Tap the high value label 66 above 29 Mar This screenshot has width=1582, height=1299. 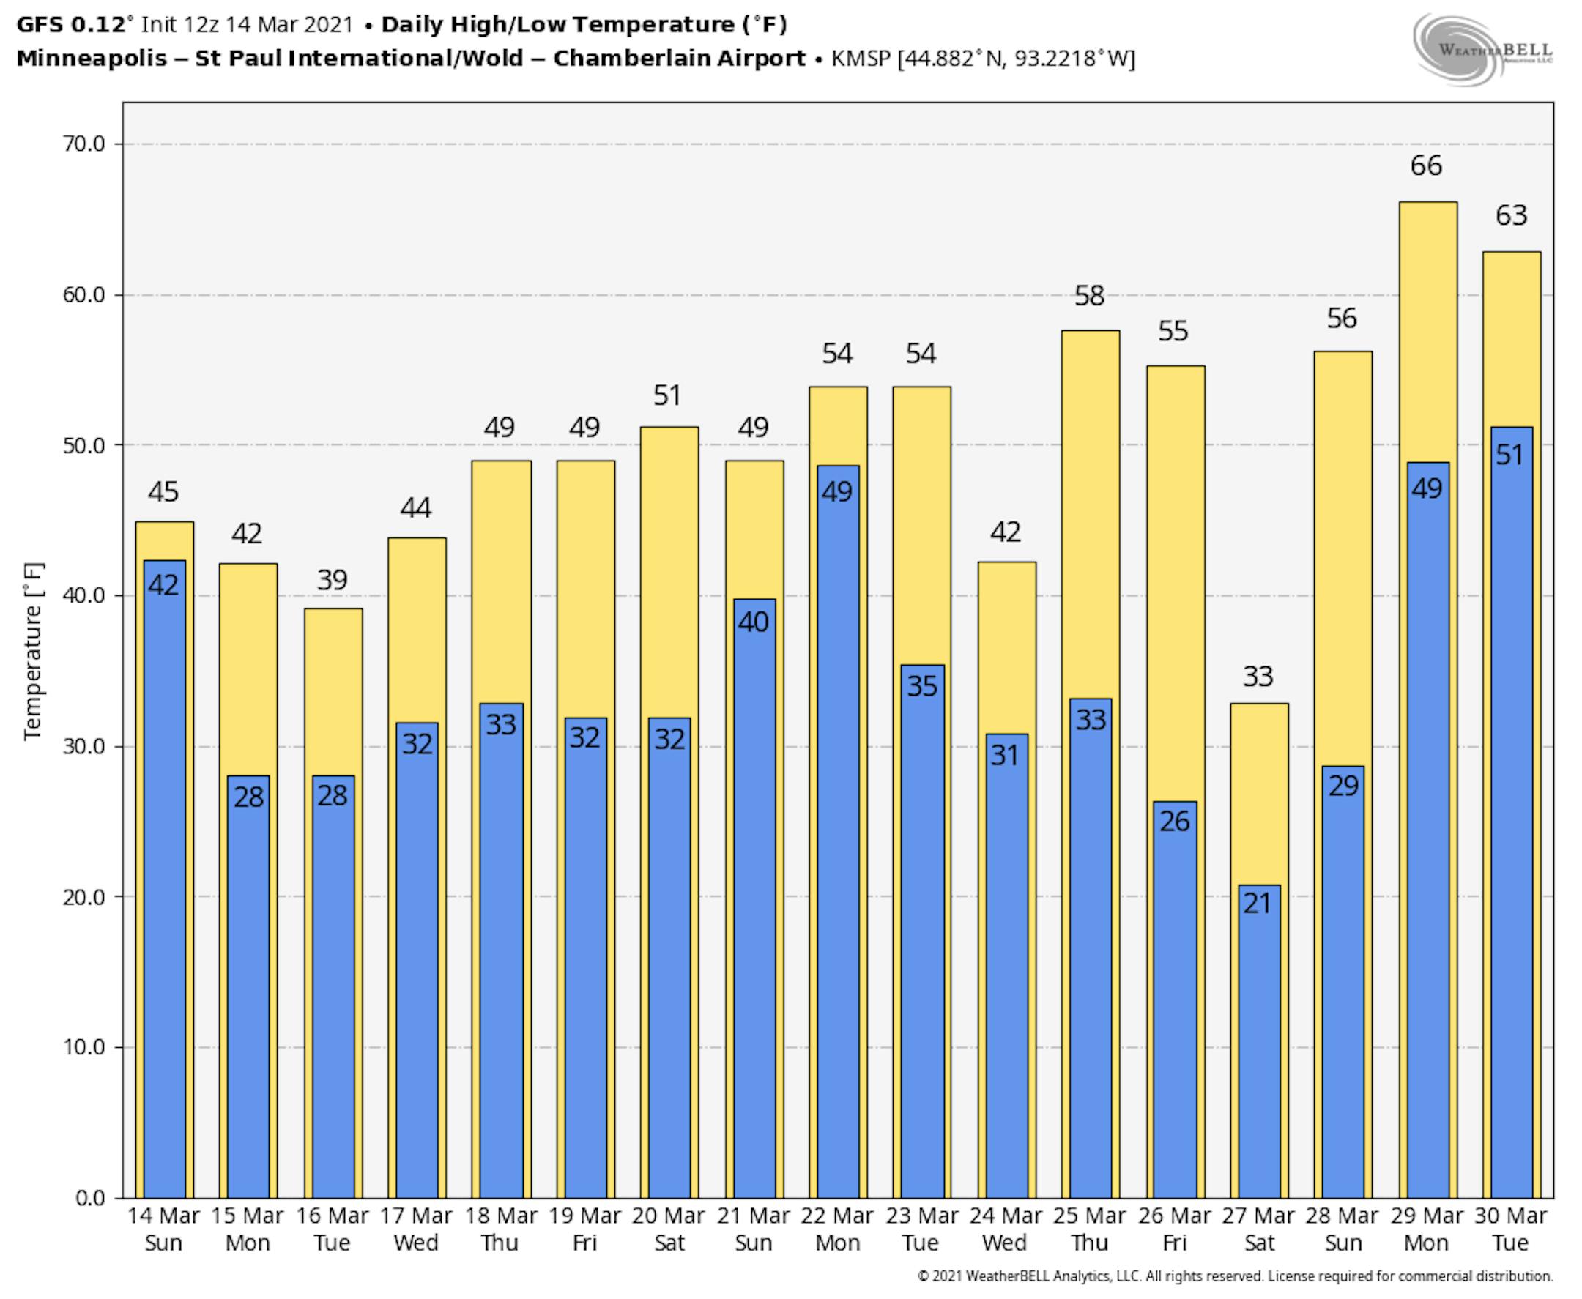point(1425,165)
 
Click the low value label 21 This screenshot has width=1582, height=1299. point(1258,903)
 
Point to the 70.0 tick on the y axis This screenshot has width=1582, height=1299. point(83,144)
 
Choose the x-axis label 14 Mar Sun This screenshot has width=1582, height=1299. point(163,1229)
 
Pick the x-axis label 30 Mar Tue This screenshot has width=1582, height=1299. point(1510,1229)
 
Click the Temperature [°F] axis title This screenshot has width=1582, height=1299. point(33,651)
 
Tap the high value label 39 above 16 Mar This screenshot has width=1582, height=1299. point(333,580)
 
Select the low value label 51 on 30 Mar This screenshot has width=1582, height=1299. point(1509,455)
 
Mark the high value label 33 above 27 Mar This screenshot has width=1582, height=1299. point(1258,677)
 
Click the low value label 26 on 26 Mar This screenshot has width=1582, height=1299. point(1174,821)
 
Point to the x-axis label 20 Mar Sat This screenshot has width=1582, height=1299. point(668,1229)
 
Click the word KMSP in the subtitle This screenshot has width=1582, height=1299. point(861,59)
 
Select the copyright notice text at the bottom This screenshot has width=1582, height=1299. point(1235,1276)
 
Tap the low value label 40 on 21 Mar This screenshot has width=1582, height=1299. point(753,622)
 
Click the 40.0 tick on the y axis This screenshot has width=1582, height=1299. point(83,595)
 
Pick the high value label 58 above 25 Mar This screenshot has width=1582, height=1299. point(1089,296)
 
